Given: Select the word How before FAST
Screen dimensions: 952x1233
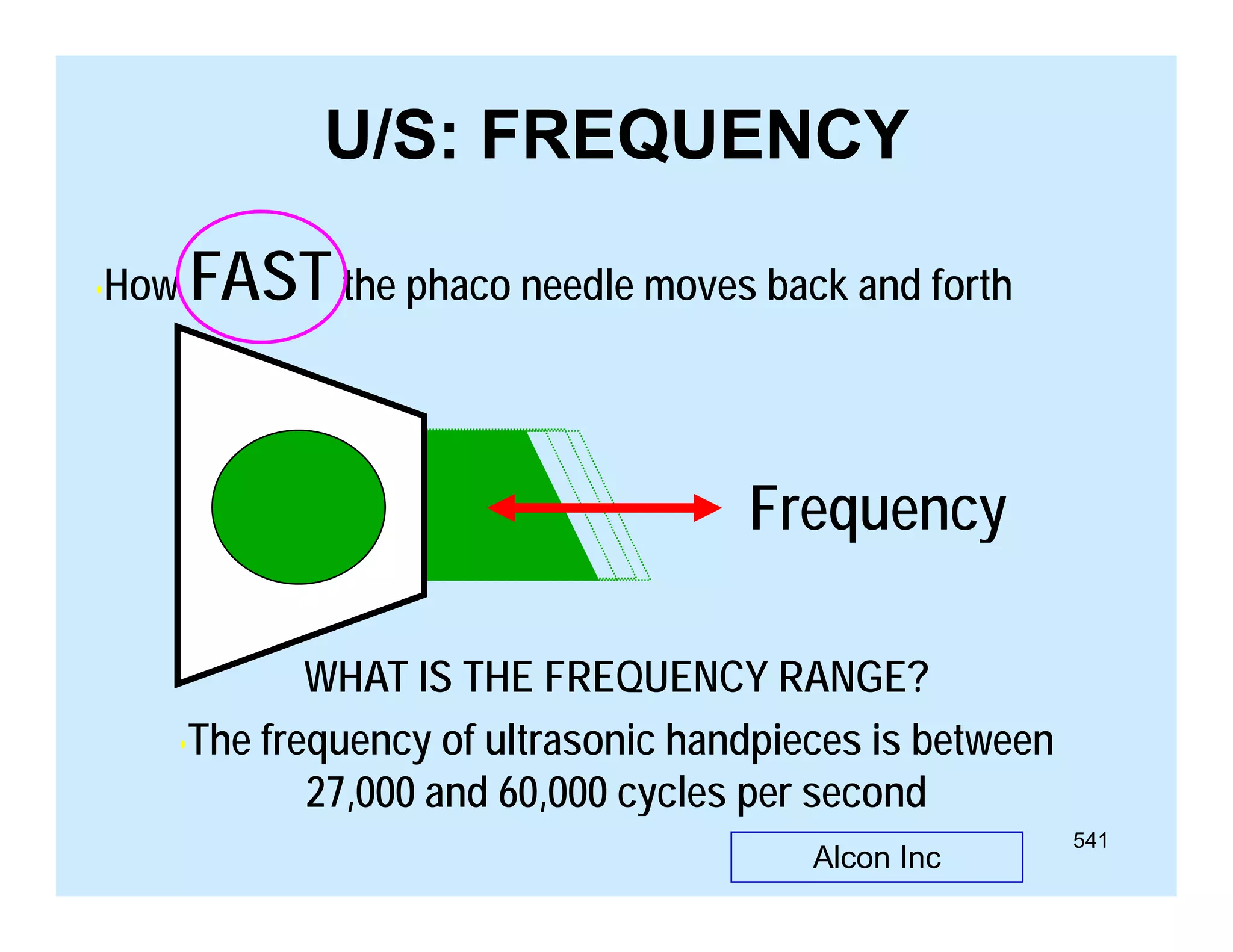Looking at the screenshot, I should coord(140,286).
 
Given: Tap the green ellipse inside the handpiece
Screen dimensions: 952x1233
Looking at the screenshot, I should coord(299,507).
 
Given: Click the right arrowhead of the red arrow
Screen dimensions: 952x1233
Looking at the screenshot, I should coord(707,508).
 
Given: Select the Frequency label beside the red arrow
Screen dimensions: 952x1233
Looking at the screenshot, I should coord(877,510).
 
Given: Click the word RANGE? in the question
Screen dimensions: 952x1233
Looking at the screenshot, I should coord(853,678).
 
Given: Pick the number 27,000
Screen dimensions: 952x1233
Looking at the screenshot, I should coord(360,793).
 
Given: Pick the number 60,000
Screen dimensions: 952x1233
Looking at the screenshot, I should coord(553,793).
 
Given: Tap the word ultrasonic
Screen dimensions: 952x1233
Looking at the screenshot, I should coord(570,740).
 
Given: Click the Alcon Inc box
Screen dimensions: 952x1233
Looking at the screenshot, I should coord(876,857).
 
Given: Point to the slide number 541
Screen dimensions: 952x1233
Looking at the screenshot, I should coord(1090,840).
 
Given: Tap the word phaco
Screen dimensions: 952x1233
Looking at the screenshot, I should coord(459,287).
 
